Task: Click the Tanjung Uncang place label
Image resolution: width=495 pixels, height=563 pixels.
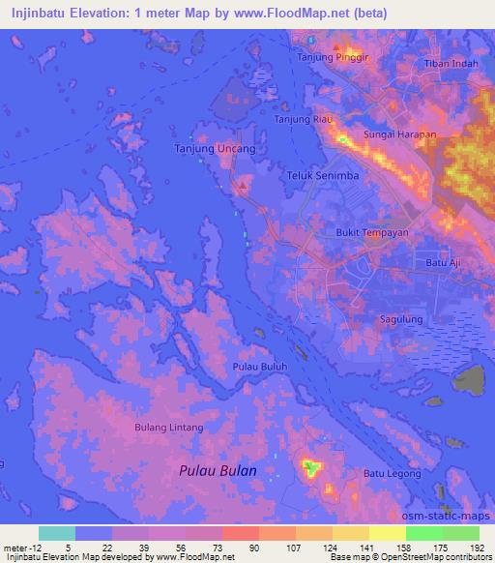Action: click(215, 149)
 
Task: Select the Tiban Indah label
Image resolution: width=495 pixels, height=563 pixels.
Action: click(451, 64)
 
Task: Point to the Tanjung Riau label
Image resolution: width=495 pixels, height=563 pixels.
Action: click(305, 119)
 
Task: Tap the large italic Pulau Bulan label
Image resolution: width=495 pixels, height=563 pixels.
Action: click(218, 470)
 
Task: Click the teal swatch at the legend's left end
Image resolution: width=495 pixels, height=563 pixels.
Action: click(57, 533)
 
